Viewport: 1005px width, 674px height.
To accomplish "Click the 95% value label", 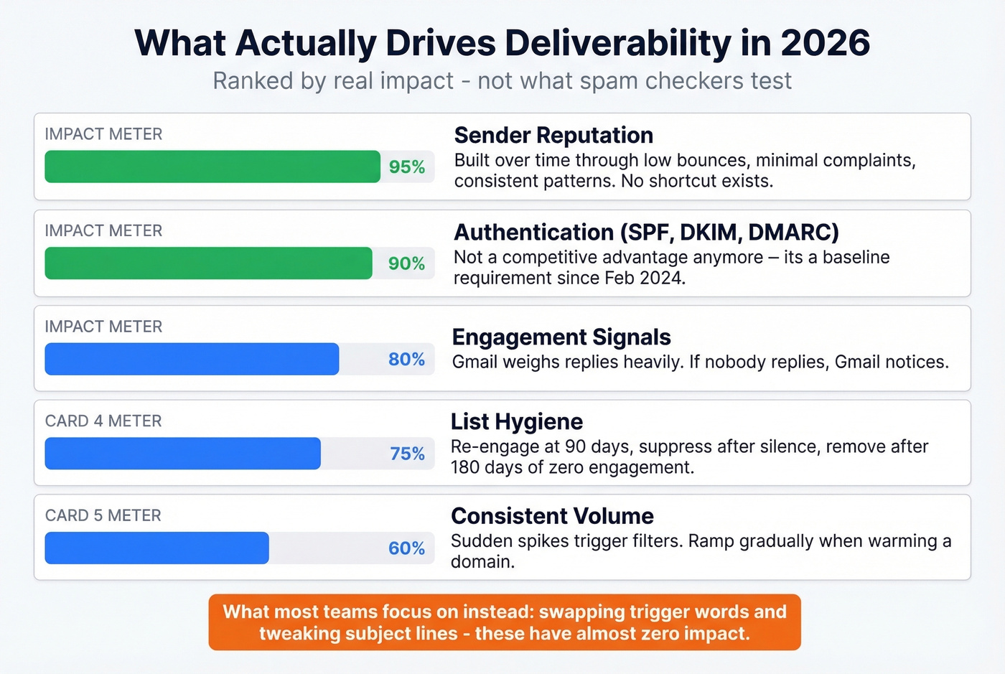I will click(x=406, y=167).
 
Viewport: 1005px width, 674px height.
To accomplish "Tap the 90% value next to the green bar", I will click(x=406, y=263).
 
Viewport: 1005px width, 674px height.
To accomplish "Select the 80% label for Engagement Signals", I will click(x=406, y=359).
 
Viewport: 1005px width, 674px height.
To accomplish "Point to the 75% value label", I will click(x=407, y=454).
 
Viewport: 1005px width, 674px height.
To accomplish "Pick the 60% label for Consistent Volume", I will click(x=406, y=548).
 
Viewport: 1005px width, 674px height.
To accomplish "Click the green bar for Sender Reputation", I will click(x=212, y=167).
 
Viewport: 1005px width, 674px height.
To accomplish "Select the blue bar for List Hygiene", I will click(x=182, y=454).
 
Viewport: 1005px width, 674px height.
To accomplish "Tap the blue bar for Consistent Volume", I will click(x=156, y=548).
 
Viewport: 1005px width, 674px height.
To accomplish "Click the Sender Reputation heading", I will click(x=553, y=135).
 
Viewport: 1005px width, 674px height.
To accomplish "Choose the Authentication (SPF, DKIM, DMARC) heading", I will click(x=646, y=232).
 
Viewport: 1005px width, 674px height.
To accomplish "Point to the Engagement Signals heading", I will click(x=561, y=337).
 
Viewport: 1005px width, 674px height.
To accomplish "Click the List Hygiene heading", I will click(x=516, y=421).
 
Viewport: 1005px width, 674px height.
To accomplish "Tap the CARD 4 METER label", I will click(x=103, y=421).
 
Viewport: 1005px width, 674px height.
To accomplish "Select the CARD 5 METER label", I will click(x=103, y=515).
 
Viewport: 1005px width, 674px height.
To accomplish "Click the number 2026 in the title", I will click(x=825, y=43).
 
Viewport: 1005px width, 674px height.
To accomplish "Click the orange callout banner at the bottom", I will click(x=504, y=622).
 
